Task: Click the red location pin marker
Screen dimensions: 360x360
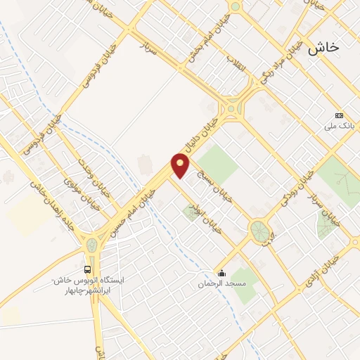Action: tap(181, 166)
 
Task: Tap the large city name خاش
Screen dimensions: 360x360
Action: tap(323, 46)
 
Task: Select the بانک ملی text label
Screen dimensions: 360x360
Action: tap(337, 127)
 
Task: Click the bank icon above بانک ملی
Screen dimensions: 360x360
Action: tap(340, 115)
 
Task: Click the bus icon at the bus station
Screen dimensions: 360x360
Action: tap(88, 269)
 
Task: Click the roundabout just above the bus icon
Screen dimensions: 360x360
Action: tap(91, 245)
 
